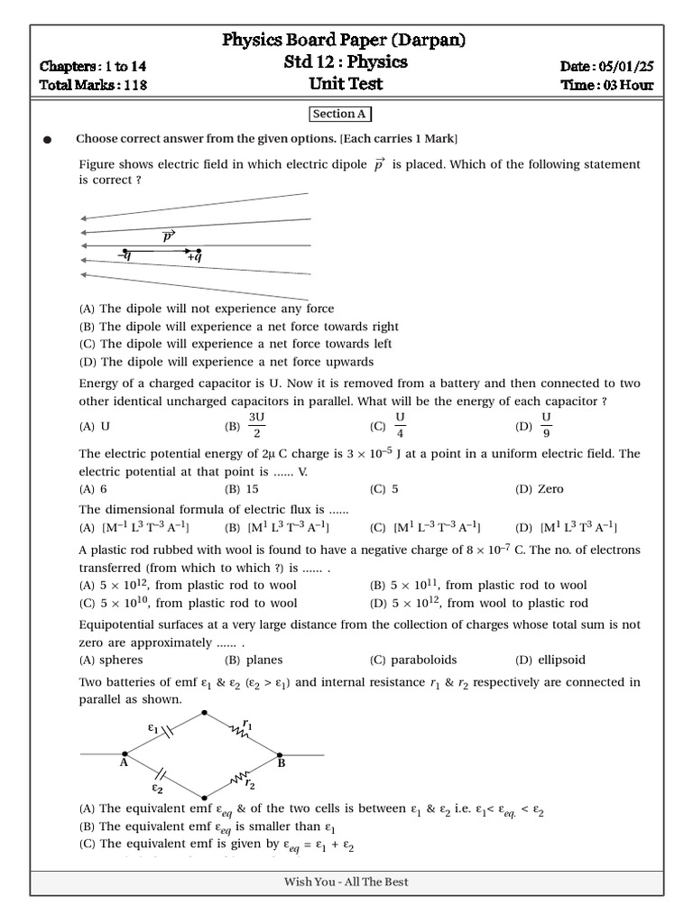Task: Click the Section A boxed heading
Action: coord(340,115)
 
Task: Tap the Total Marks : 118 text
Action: coord(93,86)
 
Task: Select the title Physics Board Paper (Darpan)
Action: coord(345,41)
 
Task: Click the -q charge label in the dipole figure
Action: coord(124,257)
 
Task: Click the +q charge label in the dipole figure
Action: coord(194,257)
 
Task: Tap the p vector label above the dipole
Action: coord(168,236)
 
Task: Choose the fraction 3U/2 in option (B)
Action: coord(256,424)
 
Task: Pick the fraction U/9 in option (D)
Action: coord(546,424)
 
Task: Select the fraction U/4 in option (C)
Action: coord(401,424)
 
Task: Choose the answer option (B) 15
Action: coord(242,489)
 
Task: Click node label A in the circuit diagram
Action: coord(124,763)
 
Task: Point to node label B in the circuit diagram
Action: coord(282,763)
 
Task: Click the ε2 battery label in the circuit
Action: coord(157,788)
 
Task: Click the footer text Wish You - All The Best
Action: coord(346,882)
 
